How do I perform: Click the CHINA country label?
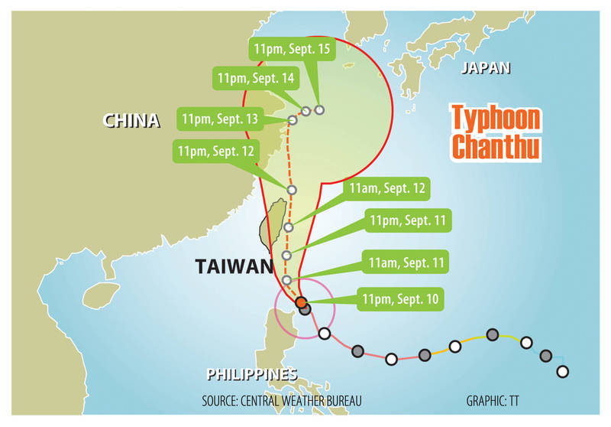coord(132,121)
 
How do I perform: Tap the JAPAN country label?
coord(485,69)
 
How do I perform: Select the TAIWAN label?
coord(234,266)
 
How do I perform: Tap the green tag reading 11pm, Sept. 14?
coord(256,78)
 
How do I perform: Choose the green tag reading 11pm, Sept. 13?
coord(219,119)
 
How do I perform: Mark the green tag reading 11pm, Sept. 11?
coord(409,221)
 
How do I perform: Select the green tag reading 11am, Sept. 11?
coord(407,262)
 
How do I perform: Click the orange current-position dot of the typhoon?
coord(300,302)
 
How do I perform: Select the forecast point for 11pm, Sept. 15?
coord(319,109)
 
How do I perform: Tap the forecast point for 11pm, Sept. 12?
coord(291,190)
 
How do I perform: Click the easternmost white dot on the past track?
coord(563,372)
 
